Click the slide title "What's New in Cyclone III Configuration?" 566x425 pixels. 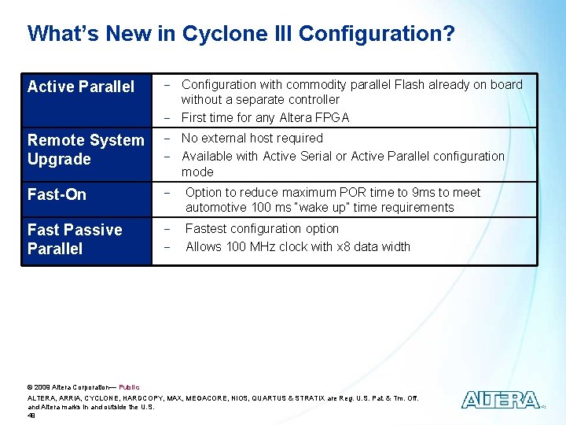coord(241,34)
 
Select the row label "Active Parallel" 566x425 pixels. coord(81,87)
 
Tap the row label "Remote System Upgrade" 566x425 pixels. coord(86,150)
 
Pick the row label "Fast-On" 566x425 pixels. coord(57,194)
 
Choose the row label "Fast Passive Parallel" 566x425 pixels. coord(75,239)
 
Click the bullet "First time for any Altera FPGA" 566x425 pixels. coord(265,117)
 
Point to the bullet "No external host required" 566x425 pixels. coord(252,138)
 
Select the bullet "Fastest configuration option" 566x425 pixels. coord(262,228)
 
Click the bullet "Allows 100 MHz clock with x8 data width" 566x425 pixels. coord(297,246)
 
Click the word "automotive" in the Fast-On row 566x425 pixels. coord(215,207)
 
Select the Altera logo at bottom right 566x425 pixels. coord(501,400)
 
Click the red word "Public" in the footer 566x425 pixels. coord(129,387)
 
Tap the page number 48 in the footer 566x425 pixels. coord(31,416)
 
